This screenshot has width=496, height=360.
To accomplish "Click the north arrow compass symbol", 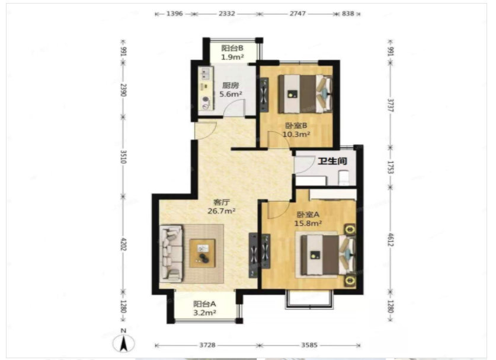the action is (124, 343).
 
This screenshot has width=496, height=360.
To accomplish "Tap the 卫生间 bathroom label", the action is (332, 161).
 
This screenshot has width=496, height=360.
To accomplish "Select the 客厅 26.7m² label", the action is (222, 206).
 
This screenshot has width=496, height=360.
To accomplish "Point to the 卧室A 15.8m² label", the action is (308, 219).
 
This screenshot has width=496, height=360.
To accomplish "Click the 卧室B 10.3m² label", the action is (296, 130).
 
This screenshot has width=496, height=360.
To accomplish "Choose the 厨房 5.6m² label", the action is (231, 90).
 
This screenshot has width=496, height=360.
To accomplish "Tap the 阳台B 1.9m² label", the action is (232, 53).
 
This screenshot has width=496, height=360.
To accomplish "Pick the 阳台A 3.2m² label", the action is (204, 308).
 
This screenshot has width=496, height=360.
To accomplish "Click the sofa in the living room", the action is (171, 254).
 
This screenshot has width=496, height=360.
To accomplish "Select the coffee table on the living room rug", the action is (203, 253).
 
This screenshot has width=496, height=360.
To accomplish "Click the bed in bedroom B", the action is (305, 94).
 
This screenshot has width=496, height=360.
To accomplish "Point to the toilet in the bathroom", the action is (344, 178).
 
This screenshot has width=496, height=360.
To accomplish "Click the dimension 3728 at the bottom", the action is (207, 345).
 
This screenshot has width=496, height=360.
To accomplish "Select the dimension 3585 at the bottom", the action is (309, 345).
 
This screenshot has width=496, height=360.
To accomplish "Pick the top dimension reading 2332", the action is (227, 14).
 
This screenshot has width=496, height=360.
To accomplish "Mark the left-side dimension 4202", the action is (123, 244).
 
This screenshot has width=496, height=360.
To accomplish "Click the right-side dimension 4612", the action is (391, 240).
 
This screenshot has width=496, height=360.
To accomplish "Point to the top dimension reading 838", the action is (348, 14).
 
